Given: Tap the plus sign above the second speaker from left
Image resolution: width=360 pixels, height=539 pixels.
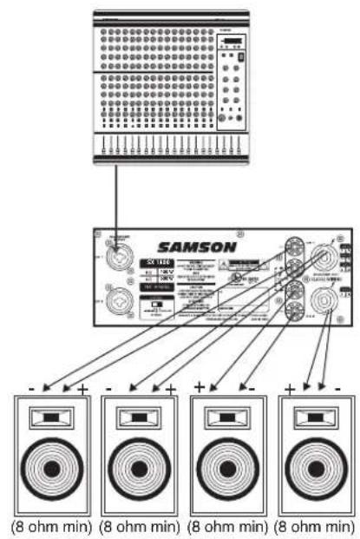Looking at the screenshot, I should [x=171, y=388].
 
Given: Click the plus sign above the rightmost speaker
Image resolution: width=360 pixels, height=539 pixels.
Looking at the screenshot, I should [x=288, y=387].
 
